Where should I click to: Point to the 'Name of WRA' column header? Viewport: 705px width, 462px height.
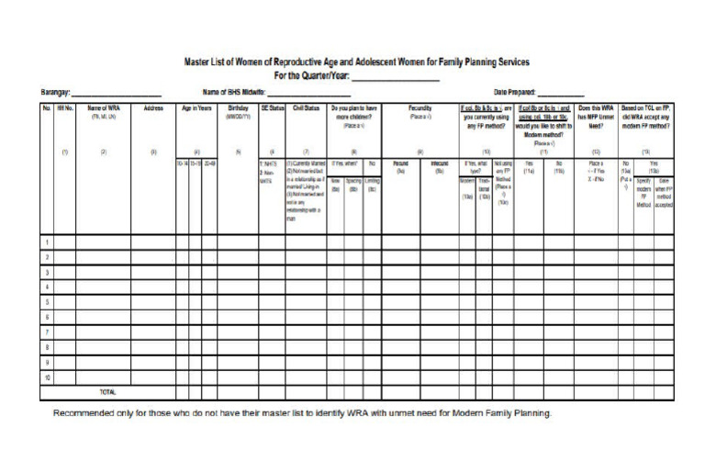(102, 108)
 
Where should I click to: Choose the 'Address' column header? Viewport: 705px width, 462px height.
(153, 108)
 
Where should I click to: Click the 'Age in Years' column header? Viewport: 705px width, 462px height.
(197, 108)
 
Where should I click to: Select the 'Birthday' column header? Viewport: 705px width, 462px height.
(238, 108)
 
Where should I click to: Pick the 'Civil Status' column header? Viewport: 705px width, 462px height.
(308, 108)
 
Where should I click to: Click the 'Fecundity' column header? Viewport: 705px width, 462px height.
(420, 108)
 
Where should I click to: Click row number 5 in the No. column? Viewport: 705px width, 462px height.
(46, 301)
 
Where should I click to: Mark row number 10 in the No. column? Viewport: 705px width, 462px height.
(46, 377)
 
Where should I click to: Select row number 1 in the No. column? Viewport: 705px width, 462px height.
(46, 242)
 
